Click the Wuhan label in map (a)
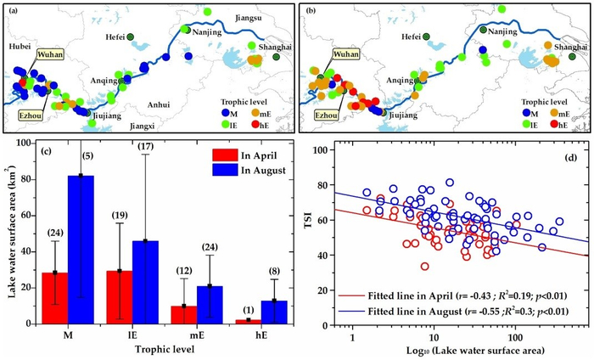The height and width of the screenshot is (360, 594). point(47,59)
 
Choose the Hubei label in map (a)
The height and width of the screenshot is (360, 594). point(20,47)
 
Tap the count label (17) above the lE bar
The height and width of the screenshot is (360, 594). point(148,148)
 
